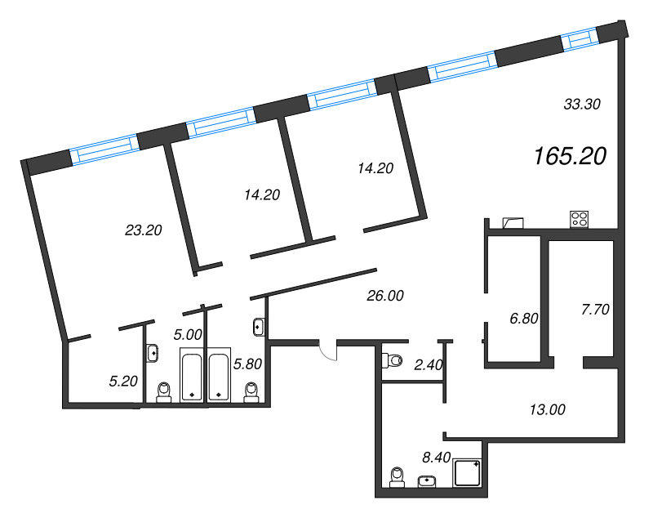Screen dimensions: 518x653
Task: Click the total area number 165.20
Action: tap(570, 156)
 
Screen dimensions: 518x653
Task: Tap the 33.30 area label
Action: tap(583, 104)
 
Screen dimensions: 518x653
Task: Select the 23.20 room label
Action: tap(144, 230)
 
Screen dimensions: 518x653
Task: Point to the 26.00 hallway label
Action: tap(386, 296)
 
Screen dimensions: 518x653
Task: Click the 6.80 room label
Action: tap(523, 319)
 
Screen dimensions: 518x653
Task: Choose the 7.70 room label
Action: tap(595, 310)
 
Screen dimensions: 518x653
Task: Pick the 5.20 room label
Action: tap(122, 380)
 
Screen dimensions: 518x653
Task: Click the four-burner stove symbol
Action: tap(580, 219)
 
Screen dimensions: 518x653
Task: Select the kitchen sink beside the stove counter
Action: tap(515, 221)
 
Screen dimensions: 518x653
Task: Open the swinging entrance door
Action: tap(326, 351)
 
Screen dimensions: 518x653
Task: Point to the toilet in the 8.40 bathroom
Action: tap(398, 476)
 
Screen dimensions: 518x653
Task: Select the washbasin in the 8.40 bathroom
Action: tap(428, 480)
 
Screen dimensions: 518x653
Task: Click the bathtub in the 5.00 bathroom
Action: tap(193, 375)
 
